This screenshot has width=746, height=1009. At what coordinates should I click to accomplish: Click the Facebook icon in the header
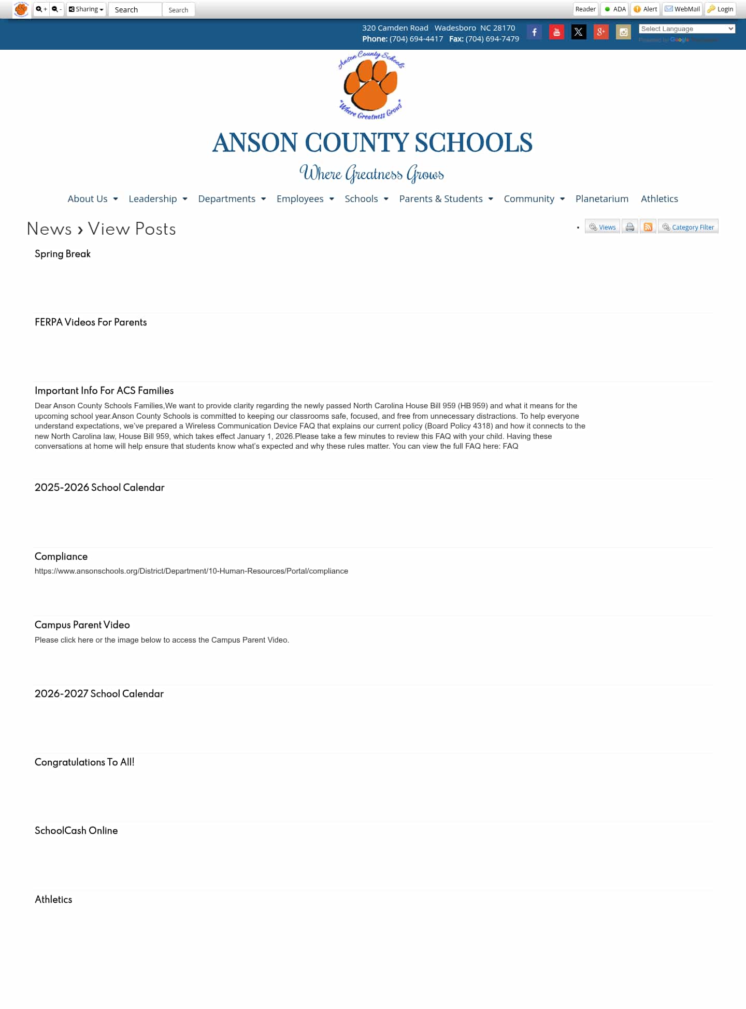(x=534, y=32)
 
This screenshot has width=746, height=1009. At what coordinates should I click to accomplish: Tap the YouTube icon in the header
(x=556, y=32)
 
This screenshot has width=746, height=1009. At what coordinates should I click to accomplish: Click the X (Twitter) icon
(x=579, y=32)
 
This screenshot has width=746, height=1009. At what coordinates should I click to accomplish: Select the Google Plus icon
(x=601, y=32)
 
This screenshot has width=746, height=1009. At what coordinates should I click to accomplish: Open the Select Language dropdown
(x=687, y=29)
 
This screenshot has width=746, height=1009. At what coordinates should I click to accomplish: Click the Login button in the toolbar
(x=720, y=9)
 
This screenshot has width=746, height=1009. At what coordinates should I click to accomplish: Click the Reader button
(x=585, y=9)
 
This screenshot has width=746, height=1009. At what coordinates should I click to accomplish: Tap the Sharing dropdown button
(x=86, y=9)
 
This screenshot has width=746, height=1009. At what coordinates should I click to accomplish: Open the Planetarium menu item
(x=601, y=199)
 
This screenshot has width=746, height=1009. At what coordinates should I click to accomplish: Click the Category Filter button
(x=688, y=227)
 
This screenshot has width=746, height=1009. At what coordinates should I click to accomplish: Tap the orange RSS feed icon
(x=648, y=227)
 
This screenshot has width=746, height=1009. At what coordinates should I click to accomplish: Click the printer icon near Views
(x=629, y=227)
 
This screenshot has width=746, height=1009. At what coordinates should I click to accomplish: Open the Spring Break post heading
(x=63, y=254)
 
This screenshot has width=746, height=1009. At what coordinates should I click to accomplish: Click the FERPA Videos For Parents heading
(x=91, y=322)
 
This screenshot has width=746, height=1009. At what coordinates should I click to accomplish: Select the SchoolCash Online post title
(x=76, y=831)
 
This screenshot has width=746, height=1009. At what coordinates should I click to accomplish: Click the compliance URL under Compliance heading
(x=191, y=571)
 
